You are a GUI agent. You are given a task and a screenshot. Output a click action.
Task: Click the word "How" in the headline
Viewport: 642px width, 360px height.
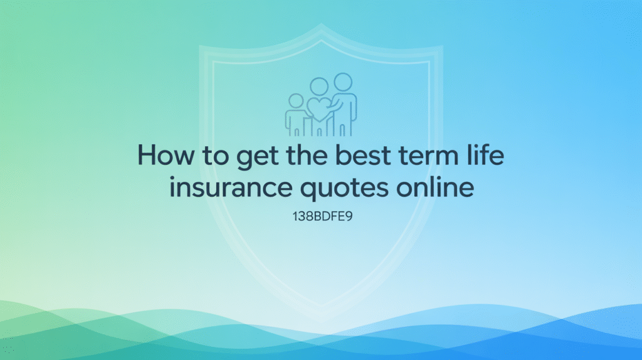coord(162,155)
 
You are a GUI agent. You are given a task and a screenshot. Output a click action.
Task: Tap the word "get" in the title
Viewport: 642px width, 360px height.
coord(245,156)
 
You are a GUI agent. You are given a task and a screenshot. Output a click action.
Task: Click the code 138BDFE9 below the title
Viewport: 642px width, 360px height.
coord(320,220)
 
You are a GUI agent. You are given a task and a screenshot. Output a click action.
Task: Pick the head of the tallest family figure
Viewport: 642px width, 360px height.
coord(342,82)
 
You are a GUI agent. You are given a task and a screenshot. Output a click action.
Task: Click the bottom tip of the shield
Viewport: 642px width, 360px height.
coord(321,319)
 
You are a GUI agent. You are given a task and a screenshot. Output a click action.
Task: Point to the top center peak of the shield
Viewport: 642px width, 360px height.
coord(321,26)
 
